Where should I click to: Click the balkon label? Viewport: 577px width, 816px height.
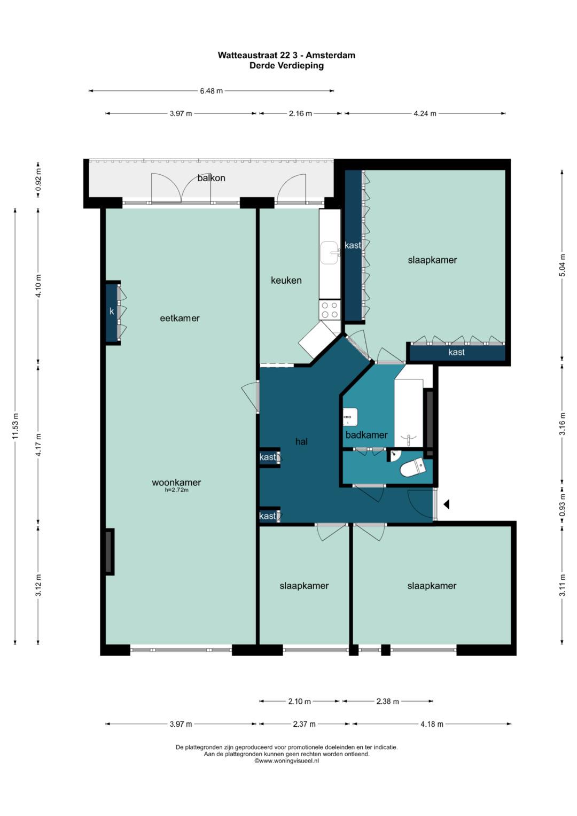[x=211, y=178]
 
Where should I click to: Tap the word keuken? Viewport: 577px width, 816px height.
[x=286, y=280]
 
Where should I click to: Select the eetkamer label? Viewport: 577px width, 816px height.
[x=180, y=318]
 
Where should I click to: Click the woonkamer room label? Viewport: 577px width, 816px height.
[x=176, y=483]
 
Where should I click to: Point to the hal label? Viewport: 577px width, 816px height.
[x=302, y=441]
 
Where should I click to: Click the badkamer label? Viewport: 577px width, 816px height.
[x=367, y=434]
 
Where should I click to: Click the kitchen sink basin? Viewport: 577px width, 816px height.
[x=330, y=252]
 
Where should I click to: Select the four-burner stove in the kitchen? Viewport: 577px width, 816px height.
[x=330, y=309]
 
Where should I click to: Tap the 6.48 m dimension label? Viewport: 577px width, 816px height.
[x=211, y=91]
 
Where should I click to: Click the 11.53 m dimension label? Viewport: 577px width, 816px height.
[x=15, y=426]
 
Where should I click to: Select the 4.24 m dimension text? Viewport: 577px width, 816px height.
[x=425, y=113]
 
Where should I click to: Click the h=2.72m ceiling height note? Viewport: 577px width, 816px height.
[x=177, y=490]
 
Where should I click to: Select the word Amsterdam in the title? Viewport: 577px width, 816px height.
[x=330, y=55]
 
